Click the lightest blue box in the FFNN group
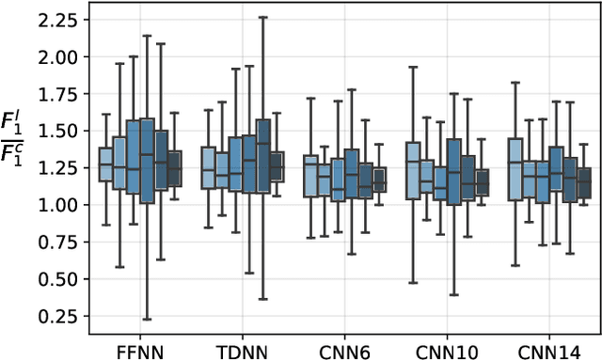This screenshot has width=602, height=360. [x=105, y=164]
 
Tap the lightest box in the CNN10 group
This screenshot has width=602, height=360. [x=413, y=170]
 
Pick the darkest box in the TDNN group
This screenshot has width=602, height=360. [x=277, y=166]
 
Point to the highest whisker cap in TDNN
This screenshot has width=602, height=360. [x=263, y=17]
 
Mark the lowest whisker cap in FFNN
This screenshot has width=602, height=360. [x=147, y=320]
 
